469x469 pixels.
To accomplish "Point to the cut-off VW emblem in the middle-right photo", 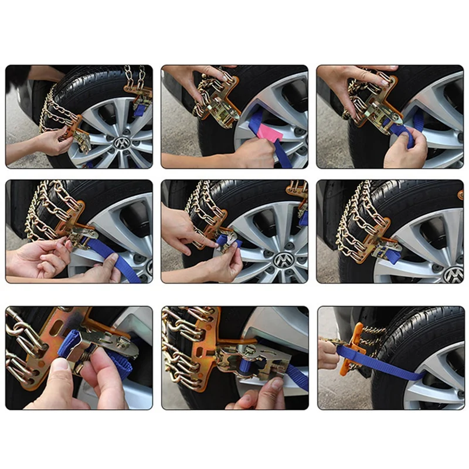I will [x=453, y=274].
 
